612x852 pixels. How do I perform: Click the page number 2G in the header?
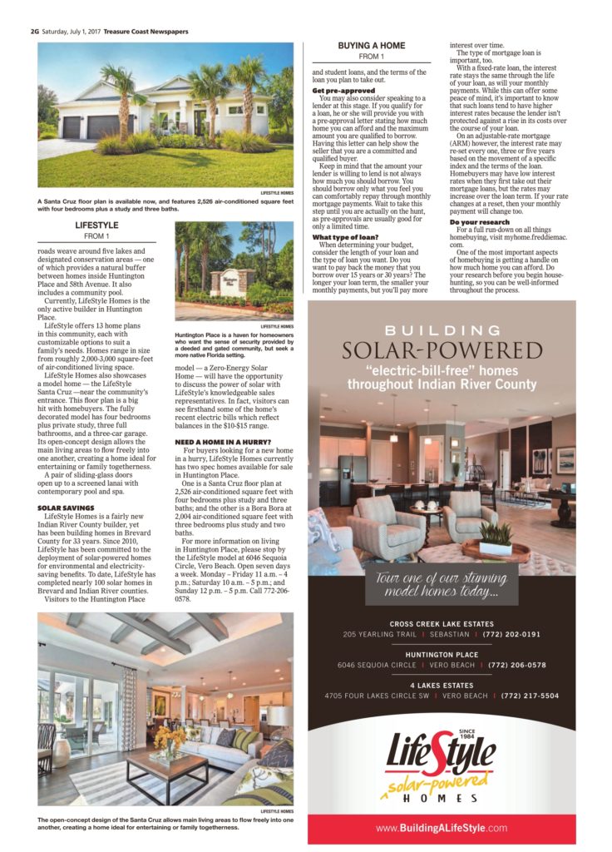35,31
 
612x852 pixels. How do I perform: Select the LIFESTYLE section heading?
96,225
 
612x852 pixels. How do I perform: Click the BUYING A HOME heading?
371,45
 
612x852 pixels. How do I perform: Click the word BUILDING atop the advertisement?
442,329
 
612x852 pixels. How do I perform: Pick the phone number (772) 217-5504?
530,696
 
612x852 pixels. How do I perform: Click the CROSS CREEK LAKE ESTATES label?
442,624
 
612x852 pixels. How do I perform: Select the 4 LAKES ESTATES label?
442,685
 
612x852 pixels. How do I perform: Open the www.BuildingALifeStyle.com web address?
442,828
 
